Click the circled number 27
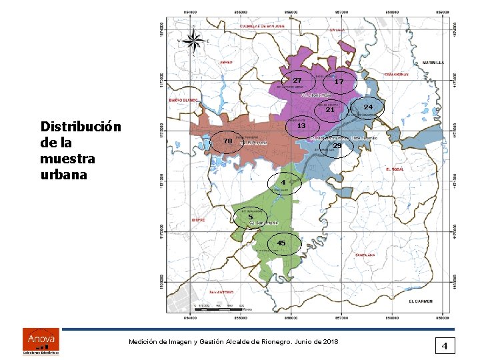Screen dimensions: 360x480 coord(297,81)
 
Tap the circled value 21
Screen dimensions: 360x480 coord(329,110)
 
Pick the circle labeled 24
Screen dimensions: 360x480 coord(368,107)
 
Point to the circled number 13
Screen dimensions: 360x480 coord(301,125)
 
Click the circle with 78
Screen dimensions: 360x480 coord(227,141)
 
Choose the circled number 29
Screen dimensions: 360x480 coord(337,146)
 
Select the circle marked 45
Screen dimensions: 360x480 coord(281,243)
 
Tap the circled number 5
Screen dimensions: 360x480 coord(250,217)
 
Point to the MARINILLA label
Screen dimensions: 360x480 coord(433,62)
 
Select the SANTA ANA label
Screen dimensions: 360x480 coord(365,255)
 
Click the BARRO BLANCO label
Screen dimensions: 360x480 coord(183,99)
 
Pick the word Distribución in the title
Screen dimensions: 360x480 coord(81,127)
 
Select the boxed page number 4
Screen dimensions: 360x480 coord(444,345)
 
